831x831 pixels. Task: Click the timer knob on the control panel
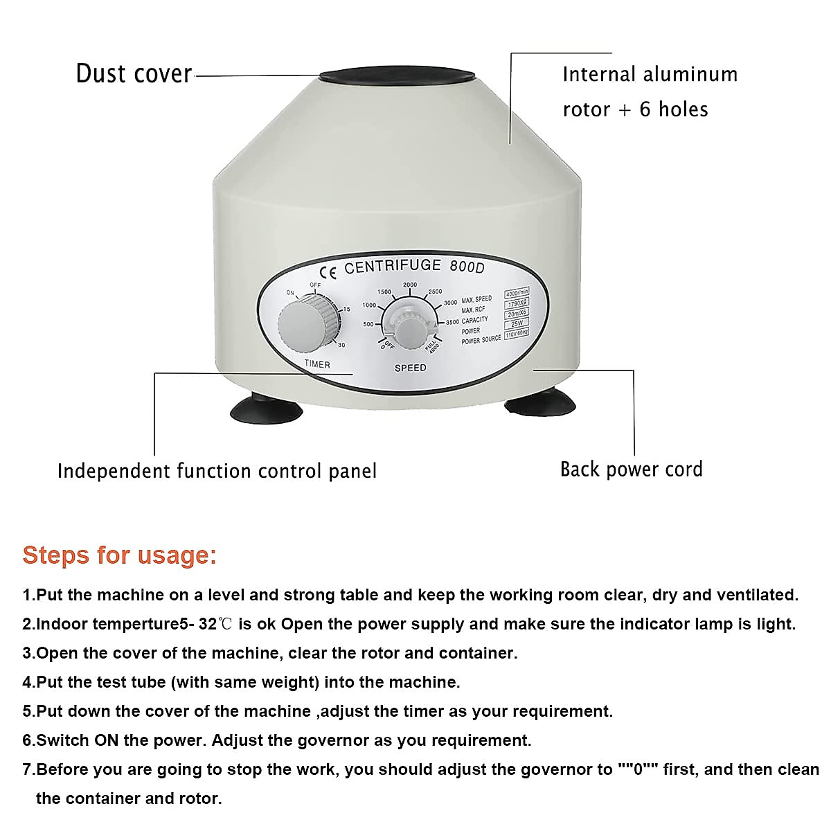[x=303, y=325]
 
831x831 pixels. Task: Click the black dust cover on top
[x=397, y=78]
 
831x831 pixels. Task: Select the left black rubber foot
[x=266, y=410]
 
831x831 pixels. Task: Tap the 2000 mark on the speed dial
[x=410, y=285]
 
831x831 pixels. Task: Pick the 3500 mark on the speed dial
[x=452, y=322]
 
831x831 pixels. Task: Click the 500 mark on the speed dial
[x=368, y=324]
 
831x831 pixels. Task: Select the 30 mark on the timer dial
[x=341, y=344]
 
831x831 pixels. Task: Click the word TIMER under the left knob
[x=317, y=364]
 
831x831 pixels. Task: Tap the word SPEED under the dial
[x=410, y=368]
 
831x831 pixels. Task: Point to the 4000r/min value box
[x=517, y=294]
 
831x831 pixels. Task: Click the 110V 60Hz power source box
[x=517, y=333]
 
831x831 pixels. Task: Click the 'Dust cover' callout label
[x=134, y=73]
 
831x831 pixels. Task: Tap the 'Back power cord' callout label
[x=631, y=469]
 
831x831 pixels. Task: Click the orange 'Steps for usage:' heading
[x=119, y=555]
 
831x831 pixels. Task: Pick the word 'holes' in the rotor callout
[x=683, y=109]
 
